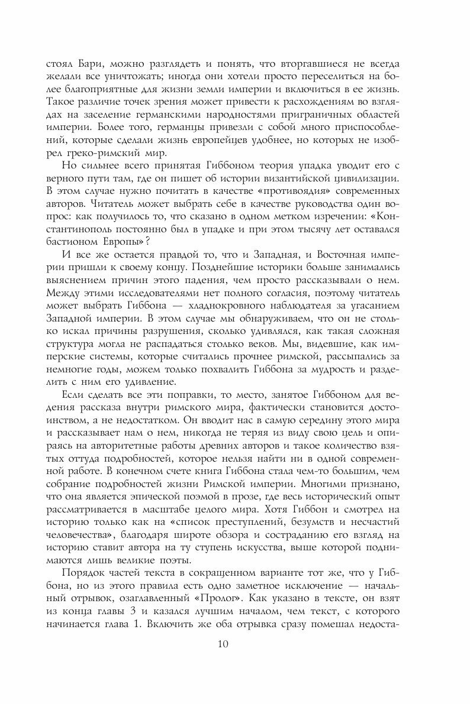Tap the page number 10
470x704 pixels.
[x=234, y=644]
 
